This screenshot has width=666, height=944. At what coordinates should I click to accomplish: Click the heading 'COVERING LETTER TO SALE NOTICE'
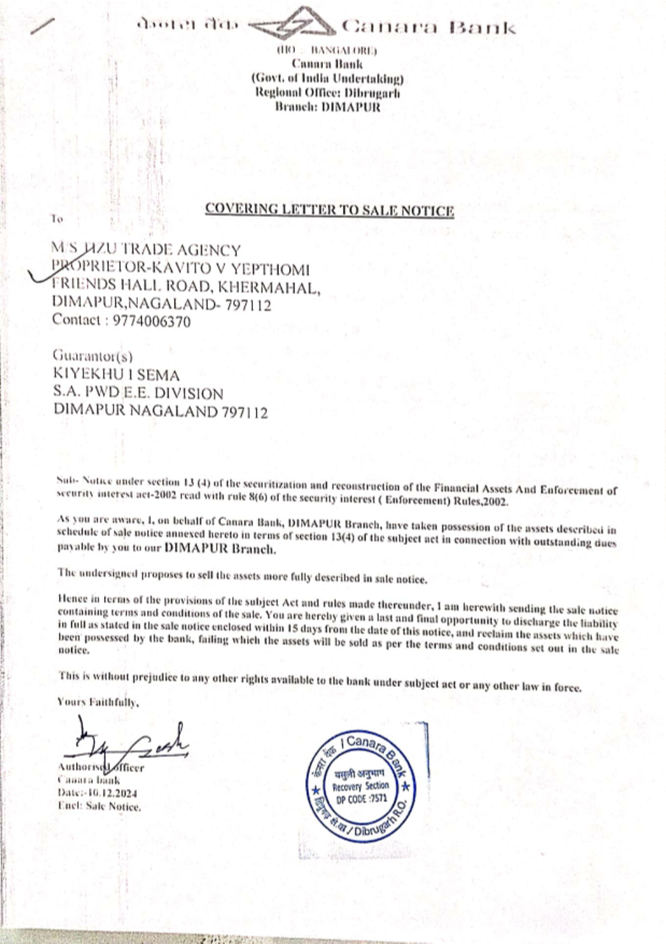coord(329,209)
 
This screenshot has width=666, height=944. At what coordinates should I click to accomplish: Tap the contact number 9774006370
coord(152,322)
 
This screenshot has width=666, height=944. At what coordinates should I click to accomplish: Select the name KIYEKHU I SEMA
coord(116,374)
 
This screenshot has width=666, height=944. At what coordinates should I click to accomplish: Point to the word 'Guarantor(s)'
coord(93,356)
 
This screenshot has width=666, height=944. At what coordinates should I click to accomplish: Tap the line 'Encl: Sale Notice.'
coord(99,806)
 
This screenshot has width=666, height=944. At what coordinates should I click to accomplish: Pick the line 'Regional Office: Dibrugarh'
coord(328,93)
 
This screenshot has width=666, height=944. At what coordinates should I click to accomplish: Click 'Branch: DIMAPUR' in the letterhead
coord(328,107)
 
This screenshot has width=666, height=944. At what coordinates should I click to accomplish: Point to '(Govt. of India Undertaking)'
coord(328,79)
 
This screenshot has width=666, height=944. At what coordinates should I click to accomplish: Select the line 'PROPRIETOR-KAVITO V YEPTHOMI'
coord(180,269)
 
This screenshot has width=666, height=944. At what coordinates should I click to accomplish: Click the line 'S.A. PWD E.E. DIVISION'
coord(138,393)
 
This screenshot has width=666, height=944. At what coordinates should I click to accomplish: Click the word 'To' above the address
coord(57,219)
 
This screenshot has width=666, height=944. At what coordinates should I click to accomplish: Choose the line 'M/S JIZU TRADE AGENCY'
coord(146,250)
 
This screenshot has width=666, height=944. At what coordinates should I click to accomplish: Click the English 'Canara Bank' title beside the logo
coord(429,28)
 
